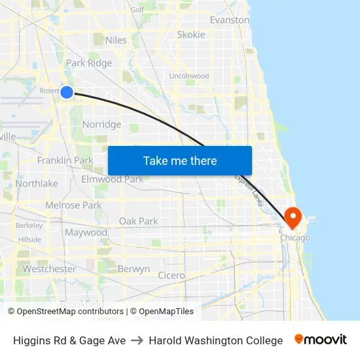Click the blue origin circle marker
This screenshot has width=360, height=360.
(x=67, y=92)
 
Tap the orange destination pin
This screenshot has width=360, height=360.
(x=291, y=217)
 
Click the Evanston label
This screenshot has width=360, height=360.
(x=229, y=20)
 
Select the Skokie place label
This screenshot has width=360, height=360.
(x=191, y=35)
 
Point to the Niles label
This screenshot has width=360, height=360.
(x=116, y=41)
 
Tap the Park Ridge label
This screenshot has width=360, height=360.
(x=89, y=63)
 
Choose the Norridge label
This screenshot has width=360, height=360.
(x=101, y=124)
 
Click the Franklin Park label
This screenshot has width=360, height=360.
(x=65, y=160)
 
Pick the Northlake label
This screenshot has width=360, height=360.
(x=37, y=184)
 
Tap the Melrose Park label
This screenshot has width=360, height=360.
(x=73, y=206)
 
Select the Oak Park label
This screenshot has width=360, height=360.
(x=138, y=221)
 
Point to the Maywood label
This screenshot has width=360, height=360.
(x=86, y=233)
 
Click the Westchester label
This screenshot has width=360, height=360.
(x=49, y=269)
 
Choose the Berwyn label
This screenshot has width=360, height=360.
(x=134, y=269)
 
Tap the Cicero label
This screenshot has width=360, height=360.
(x=171, y=276)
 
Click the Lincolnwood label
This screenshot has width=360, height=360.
(x=189, y=76)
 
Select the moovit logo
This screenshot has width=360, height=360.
(x=320, y=340)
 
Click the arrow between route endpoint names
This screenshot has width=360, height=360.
(x=137, y=340)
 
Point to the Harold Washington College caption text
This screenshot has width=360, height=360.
(x=215, y=340)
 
